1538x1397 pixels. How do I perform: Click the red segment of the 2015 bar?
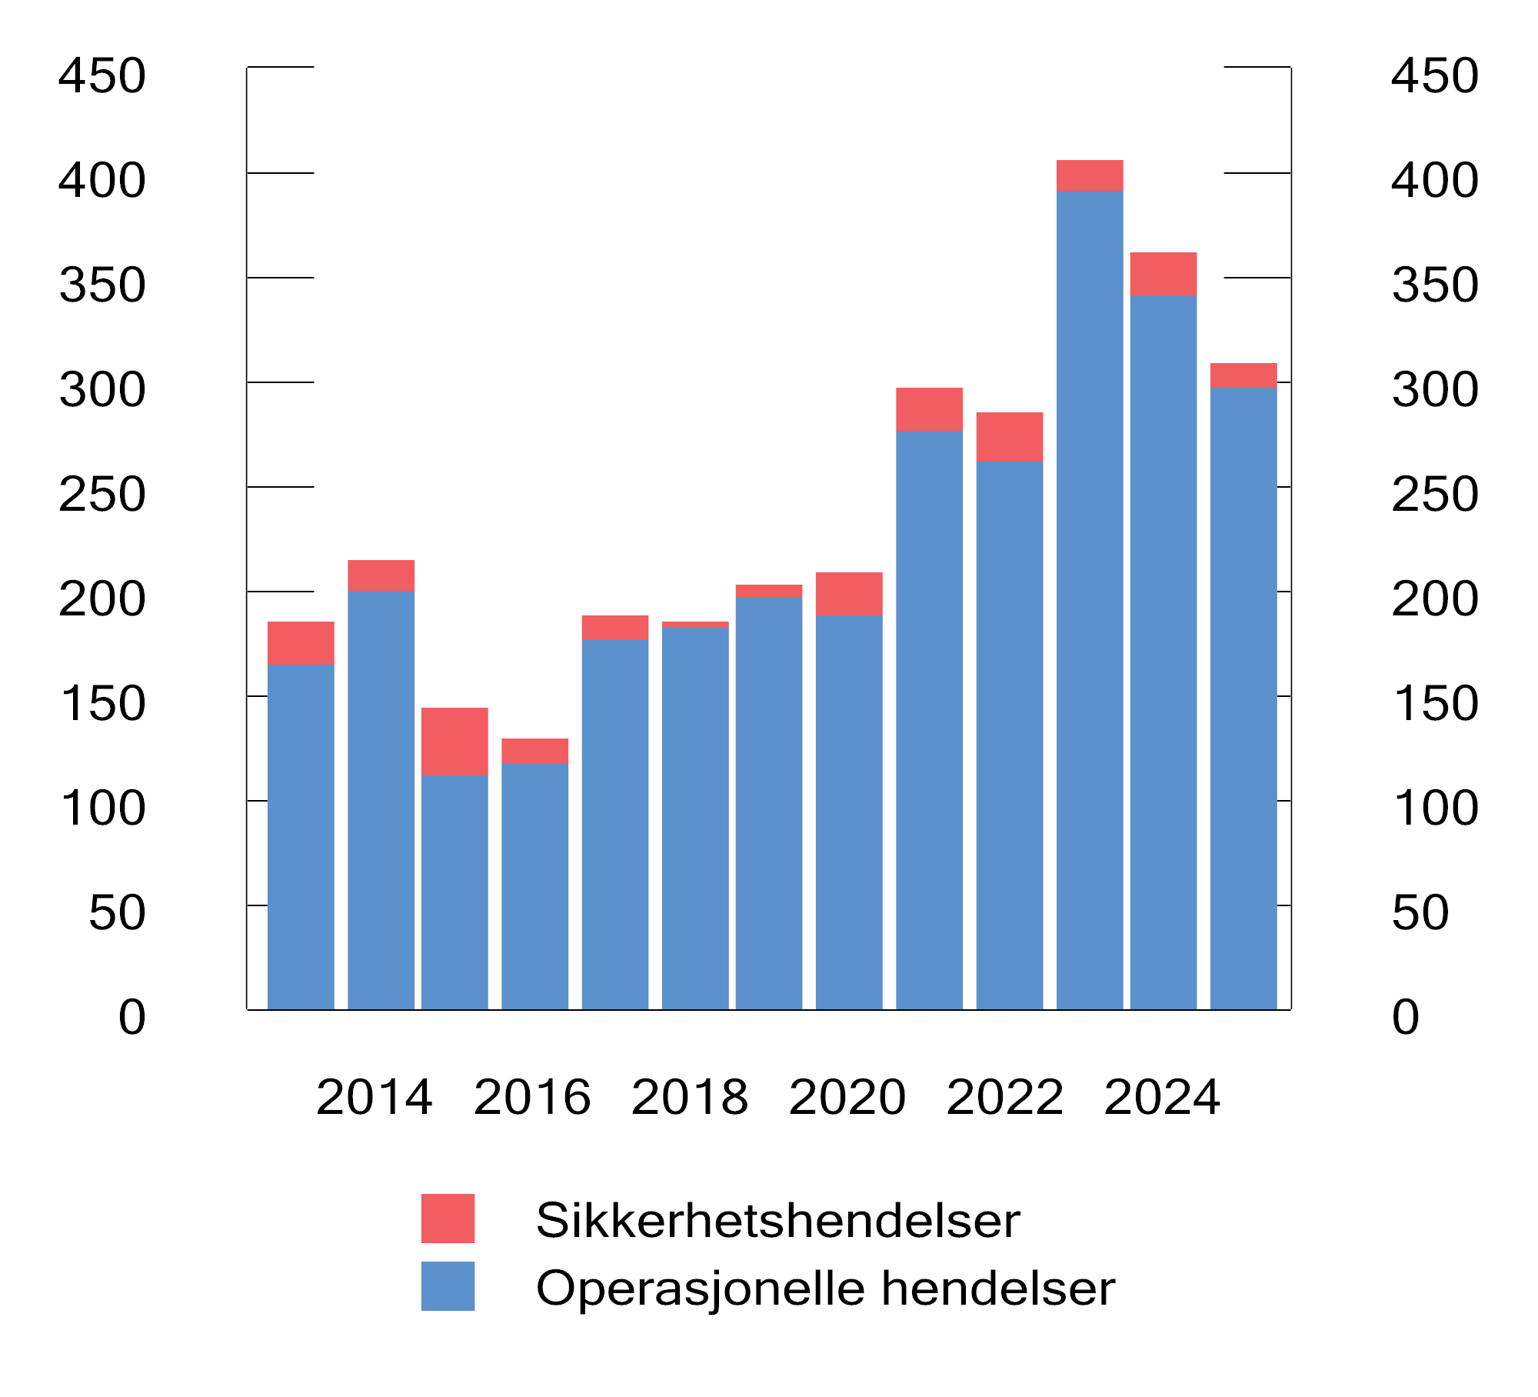454,741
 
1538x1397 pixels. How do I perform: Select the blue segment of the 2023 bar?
1089,600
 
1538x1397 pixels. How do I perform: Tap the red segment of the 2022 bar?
1009,436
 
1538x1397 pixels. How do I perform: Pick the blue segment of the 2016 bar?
534,885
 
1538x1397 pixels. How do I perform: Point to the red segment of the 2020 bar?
849,593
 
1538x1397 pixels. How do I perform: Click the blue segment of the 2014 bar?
381,800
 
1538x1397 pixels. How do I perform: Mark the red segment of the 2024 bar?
1163,273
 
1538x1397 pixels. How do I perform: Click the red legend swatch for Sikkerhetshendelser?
448,1219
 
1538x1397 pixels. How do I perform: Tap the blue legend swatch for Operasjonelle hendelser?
448,1286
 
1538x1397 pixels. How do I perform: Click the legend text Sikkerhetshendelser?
777,1220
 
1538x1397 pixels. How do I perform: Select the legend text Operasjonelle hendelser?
825,1288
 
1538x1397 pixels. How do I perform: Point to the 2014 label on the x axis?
374,1097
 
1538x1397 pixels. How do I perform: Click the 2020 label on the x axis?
847,1097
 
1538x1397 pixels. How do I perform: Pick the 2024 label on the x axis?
1162,1097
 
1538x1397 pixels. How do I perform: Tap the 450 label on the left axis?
102,75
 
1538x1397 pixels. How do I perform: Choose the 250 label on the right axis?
1435,494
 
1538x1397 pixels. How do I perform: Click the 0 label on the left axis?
131,1017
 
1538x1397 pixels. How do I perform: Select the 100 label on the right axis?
1435,808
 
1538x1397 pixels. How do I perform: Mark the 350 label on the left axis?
102,285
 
